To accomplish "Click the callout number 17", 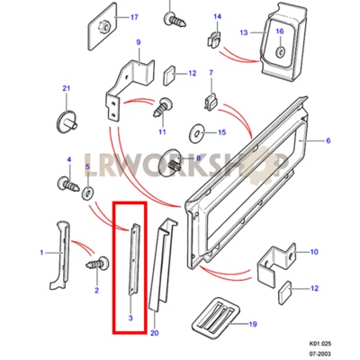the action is tap(134, 17).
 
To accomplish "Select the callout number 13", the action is tap(244, 32).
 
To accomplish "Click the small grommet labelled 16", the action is tap(280, 51).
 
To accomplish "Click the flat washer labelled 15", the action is tap(196, 133).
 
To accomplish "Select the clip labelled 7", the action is tap(211, 101).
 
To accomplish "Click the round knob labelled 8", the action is tap(173, 164).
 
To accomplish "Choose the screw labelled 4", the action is tap(68, 184).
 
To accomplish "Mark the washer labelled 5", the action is tap(88, 193).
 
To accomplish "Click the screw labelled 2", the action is tap(98, 264).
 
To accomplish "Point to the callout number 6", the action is tap(328, 140).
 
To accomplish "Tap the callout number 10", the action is tap(313, 251).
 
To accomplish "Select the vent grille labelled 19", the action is tap(215, 318).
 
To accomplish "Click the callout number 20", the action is tap(154, 333).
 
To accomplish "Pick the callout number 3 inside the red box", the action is tap(130, 318).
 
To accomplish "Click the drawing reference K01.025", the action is tap(320, 344).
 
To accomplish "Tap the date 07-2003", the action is tap(321, 354).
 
